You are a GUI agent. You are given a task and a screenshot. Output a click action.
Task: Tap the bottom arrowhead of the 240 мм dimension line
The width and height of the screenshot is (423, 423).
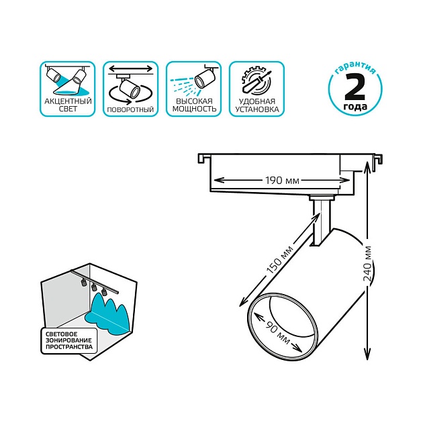[367, 353]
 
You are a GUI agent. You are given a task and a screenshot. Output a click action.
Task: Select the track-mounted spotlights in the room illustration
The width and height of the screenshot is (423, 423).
[94, 287]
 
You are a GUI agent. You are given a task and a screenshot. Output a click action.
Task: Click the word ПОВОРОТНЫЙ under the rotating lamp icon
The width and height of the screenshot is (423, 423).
[130, 109]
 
